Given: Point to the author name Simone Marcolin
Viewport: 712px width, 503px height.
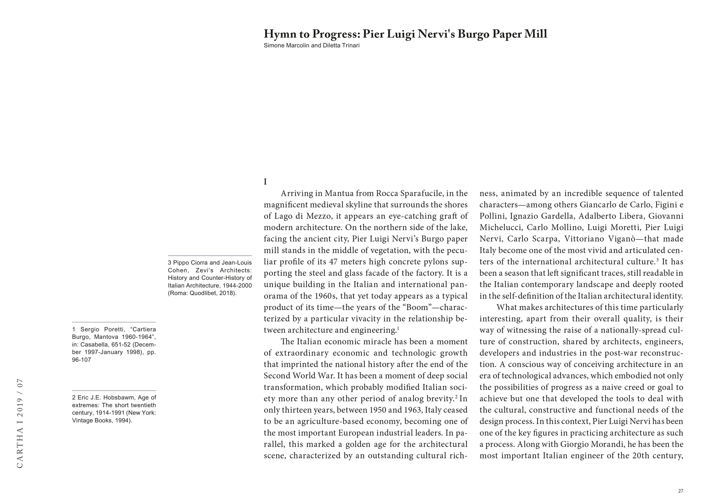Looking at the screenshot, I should coord(287,46).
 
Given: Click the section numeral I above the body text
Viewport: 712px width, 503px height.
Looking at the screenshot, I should coord(265,182).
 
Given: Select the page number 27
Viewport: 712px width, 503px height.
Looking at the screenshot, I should coord(680,491).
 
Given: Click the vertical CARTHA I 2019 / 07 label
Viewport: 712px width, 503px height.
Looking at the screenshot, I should coord(20,423).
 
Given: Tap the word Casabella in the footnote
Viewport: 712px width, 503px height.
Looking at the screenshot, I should coord(95,345).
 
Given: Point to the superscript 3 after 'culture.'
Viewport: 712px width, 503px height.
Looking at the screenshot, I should coord(657,260).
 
